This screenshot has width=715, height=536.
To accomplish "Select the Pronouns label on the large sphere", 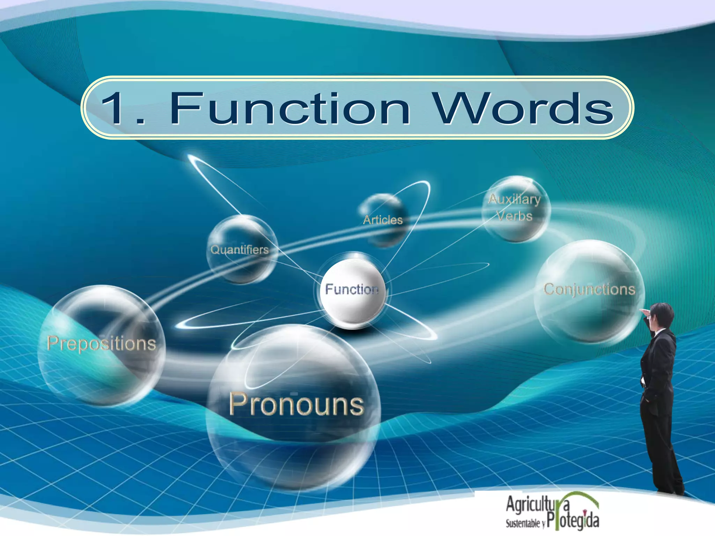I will point(296,405).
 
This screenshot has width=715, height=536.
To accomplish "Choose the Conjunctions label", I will point(589,289).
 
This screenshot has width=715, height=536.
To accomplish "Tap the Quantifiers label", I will point(239,250).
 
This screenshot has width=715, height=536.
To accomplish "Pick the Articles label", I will point(383,220).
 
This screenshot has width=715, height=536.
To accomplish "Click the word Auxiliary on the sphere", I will point(514,199).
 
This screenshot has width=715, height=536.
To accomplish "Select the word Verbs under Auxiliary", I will point(515,216).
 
